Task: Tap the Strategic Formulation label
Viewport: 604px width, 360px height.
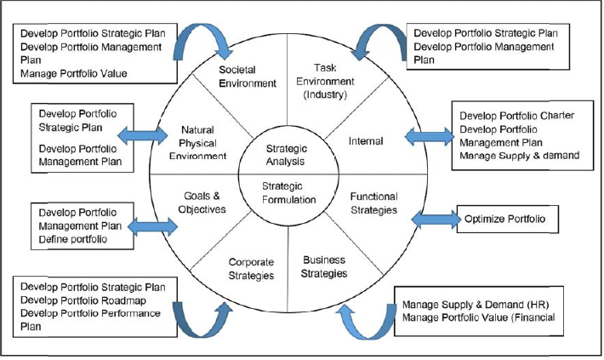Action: point(288,192)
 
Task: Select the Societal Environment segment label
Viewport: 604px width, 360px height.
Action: point(248,76)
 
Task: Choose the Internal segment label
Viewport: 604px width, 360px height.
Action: point(366,141)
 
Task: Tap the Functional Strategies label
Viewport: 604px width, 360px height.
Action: point(373,203)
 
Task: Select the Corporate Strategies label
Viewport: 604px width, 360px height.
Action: point(251,269)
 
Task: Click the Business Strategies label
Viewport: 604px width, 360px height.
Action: point(324,266)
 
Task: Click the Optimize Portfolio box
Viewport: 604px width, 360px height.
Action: point(507,219)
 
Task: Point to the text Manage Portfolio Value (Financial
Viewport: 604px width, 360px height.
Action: point(479,317)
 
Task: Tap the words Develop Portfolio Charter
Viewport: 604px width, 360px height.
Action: point(516,115)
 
